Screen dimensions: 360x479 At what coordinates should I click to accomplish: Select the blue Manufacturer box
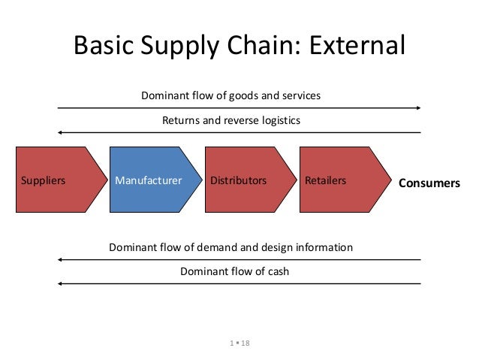147,181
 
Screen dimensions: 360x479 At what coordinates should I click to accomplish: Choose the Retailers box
335,181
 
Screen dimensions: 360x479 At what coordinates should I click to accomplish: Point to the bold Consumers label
429,182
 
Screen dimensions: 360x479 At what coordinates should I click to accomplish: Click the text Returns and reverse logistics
231,120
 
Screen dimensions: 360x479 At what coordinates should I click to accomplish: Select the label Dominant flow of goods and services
231,96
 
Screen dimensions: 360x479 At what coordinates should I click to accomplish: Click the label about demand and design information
230,247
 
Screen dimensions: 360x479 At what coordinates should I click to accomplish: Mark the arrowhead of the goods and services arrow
417,108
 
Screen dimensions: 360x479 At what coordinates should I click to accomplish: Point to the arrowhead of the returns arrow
61,133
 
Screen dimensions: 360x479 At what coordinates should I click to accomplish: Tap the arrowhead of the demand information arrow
61,259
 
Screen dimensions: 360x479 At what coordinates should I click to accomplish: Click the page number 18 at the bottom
245,343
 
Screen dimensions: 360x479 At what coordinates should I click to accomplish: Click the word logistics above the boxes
278,120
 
